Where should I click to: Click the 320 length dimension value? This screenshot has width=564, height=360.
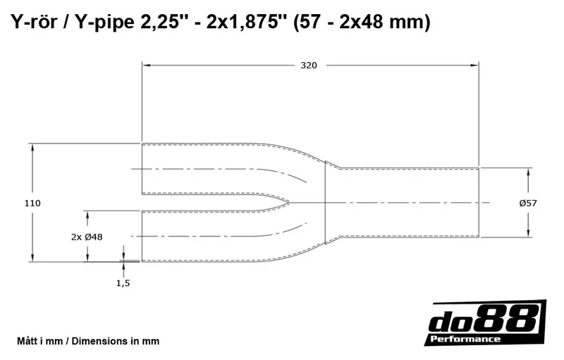309,66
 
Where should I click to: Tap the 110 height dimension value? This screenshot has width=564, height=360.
32,203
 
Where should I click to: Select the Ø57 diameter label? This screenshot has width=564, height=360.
527,203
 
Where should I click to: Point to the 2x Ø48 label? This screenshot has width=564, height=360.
87,237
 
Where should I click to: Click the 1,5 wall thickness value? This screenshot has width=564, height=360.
123,283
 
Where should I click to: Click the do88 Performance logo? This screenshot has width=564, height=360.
487,323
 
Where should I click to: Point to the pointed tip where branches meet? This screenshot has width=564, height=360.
290,203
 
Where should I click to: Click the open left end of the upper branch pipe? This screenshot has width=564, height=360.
142,169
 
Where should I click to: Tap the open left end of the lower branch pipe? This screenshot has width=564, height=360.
142,236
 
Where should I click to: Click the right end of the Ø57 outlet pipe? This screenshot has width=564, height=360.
479,203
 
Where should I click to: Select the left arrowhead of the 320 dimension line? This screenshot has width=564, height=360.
146,66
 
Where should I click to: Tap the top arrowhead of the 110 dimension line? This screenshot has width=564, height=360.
32,147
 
